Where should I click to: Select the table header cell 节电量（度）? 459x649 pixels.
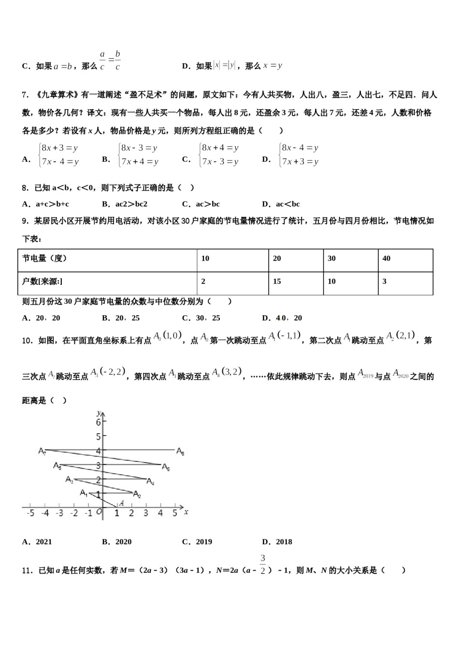point(44,258)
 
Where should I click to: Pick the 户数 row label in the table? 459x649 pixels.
point(42,282)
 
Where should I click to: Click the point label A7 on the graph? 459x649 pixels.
point(43,451)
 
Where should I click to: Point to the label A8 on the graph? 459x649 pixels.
point(180,451)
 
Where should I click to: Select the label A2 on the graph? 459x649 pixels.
point(137,494)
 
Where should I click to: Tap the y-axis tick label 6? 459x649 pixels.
point(99,423)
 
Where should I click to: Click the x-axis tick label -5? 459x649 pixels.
point(30,513)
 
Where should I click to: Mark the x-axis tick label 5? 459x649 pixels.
point(175,513)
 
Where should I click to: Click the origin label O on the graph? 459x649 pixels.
point(99,512)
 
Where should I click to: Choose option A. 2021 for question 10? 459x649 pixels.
point(37,542)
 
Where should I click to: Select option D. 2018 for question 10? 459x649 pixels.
point(277,542)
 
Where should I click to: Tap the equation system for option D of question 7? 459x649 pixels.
point(299,155)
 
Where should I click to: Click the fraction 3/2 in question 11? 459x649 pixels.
point(263,565)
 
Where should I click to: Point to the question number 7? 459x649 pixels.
point(25,95)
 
